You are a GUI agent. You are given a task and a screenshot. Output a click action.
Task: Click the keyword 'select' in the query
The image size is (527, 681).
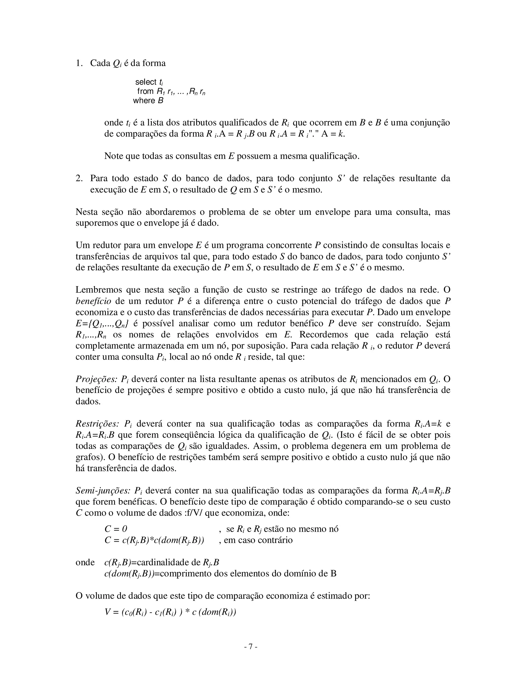145,82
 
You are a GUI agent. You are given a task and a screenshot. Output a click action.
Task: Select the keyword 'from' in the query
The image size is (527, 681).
145,91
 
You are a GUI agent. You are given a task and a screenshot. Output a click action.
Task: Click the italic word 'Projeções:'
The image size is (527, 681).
96,379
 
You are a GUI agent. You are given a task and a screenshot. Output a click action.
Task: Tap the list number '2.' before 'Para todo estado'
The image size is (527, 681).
79,179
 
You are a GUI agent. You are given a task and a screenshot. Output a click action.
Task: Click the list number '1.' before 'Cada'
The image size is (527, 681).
79,63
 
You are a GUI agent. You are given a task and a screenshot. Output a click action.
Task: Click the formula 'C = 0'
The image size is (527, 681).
116,529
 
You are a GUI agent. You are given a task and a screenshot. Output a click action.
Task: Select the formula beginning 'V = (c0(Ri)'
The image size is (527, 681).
170,612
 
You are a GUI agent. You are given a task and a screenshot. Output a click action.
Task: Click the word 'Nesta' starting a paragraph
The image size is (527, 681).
86,212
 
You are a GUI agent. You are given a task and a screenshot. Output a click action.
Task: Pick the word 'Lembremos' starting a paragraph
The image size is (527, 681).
98,290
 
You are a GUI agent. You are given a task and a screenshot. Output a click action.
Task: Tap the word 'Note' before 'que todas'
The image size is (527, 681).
113,156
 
